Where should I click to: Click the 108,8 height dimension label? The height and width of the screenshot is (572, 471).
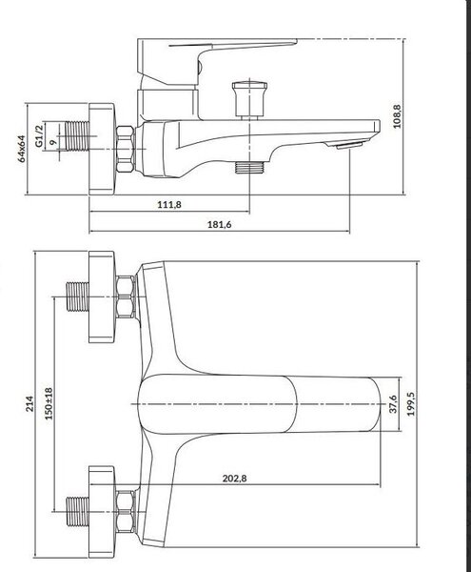tap(397, 116)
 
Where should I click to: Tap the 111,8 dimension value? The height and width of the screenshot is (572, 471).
tap(168, 204)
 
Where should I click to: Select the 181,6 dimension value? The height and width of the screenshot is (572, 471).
tap(220, 224)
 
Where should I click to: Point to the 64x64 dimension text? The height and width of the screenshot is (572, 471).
tap(22, 149)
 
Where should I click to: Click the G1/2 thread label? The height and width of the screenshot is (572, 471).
tap(39, 135)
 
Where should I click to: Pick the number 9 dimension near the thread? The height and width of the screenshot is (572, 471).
tap(53, 142)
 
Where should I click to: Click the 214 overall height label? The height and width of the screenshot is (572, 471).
tap(29, 404)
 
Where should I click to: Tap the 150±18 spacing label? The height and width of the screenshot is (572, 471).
tap(49, 403)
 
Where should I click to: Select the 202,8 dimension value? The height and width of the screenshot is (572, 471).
tap(234, 478)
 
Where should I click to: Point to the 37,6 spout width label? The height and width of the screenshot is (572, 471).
tap(393, 404)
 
